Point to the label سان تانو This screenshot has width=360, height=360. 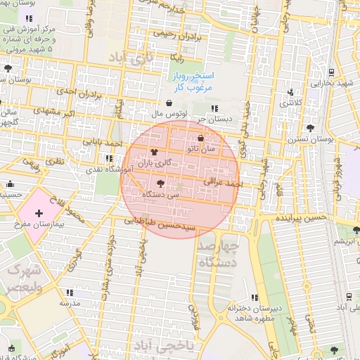(x=202, y=149)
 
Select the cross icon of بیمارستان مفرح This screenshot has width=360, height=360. (x=38, y=212)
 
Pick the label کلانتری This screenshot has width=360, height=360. (x=293, y=103)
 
